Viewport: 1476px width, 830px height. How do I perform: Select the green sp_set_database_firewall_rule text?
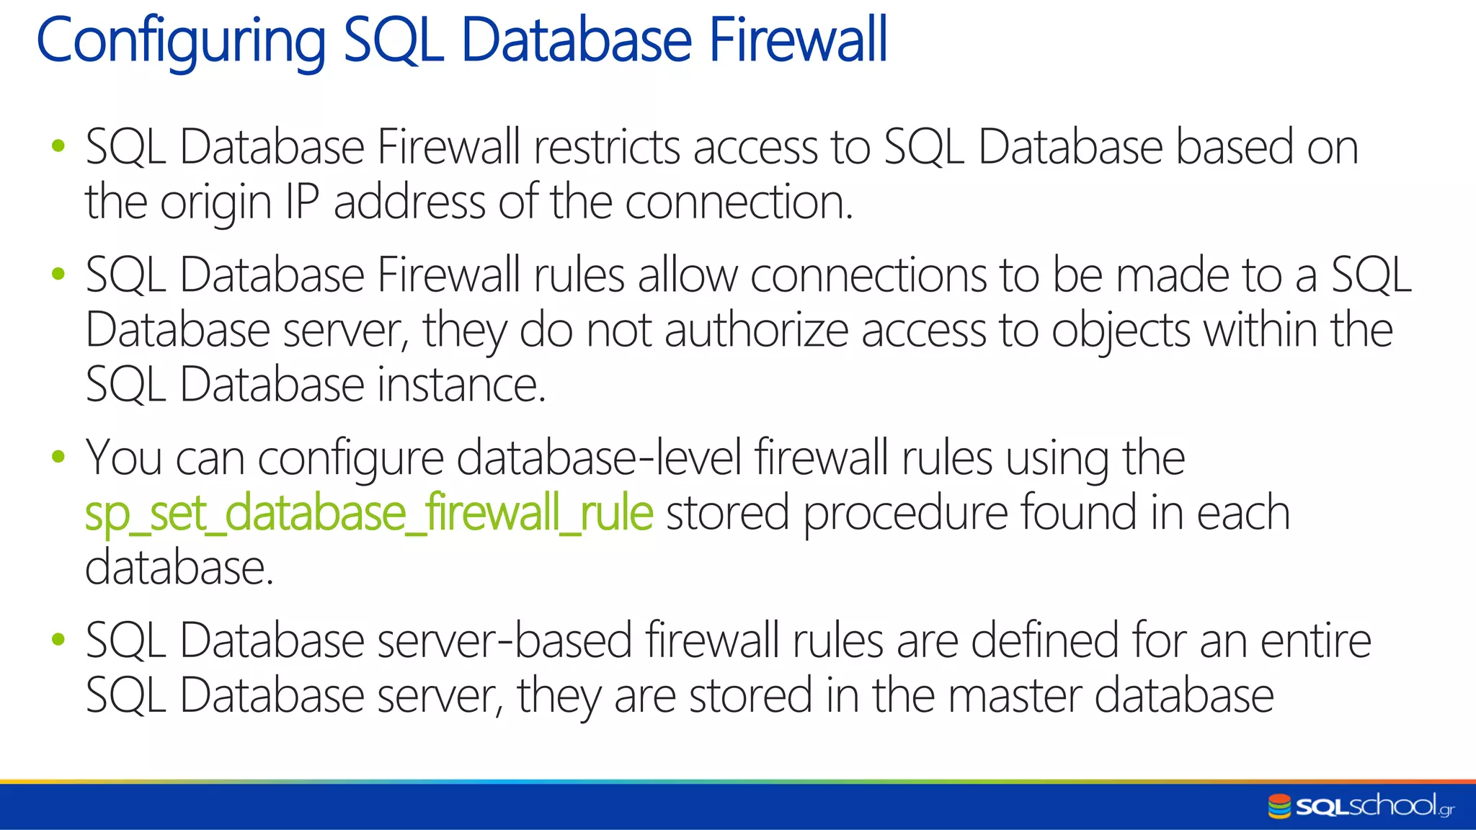pos(369,513)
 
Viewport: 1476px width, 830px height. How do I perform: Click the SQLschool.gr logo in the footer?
pos(1361,806)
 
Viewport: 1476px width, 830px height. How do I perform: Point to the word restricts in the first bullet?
pos(607,148)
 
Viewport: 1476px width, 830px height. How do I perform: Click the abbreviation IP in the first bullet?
pos(302,202)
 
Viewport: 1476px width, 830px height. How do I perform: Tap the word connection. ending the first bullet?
pos(739,202)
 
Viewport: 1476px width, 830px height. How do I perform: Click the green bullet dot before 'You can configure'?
pos(59,457)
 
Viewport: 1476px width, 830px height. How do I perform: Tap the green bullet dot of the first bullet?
pos(59,147)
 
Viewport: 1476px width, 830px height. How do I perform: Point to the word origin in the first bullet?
pos(215,204)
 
